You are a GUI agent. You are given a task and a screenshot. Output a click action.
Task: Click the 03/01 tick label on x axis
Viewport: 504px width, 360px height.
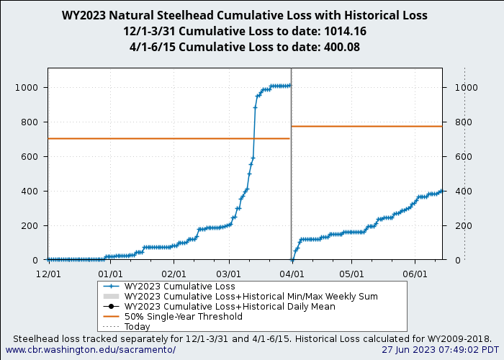(228, 274)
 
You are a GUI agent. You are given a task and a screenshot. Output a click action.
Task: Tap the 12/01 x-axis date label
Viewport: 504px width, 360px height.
(48, 274)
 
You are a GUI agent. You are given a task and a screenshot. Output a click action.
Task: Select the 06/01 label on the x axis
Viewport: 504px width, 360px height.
(415, 274)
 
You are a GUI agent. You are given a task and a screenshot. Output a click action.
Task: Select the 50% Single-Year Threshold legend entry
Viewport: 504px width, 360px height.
(183, 316)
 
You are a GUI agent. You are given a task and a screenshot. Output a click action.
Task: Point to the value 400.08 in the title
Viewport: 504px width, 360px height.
(336, 47)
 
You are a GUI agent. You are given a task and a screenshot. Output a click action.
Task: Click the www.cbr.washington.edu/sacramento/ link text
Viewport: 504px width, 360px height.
(90, 349)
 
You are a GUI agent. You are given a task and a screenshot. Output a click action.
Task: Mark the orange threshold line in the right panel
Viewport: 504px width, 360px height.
(367, 126)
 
